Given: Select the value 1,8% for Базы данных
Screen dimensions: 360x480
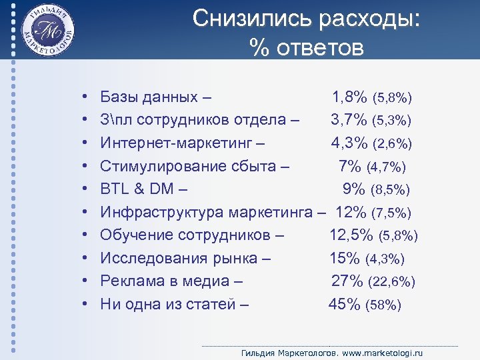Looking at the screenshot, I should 350,97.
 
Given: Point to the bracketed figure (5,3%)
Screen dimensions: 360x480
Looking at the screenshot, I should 392,121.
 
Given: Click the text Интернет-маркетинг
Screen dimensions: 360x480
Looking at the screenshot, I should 175,143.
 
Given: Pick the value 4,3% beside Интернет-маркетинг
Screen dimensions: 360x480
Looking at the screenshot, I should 350,143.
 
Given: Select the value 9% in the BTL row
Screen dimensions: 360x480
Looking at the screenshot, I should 354,189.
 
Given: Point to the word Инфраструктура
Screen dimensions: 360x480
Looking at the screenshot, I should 162,213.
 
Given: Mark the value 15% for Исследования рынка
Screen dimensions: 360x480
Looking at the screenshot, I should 345,259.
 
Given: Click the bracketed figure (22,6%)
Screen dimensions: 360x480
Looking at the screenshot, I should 392,282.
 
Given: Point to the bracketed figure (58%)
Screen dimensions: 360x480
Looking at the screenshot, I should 383,305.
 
